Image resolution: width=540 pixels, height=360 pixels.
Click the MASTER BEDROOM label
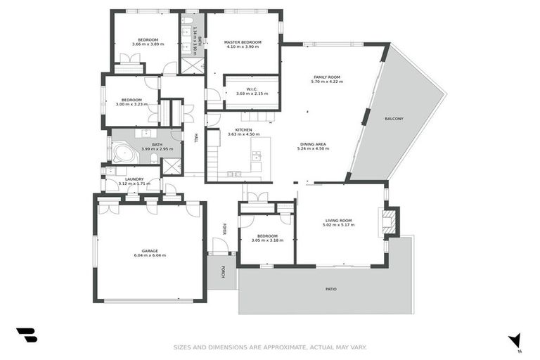point(243,42)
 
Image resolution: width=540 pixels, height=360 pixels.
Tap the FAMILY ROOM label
point(326,77)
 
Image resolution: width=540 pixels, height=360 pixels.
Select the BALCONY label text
point(394,119)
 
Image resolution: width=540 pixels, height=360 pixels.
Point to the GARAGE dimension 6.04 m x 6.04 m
point(150,255)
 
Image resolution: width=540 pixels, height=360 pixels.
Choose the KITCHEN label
point(243,130)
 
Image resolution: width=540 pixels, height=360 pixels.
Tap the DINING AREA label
point(313,144)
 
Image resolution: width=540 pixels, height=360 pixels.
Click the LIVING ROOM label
point(338,220)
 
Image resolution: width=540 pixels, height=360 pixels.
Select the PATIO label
point(330,289)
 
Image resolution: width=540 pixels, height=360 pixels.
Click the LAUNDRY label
point(134,179)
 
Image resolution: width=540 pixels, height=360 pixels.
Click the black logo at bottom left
point(27,336)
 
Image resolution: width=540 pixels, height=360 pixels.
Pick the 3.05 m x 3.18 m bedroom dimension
point(266,240)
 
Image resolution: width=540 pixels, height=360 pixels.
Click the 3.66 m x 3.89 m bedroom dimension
point(148,44)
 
